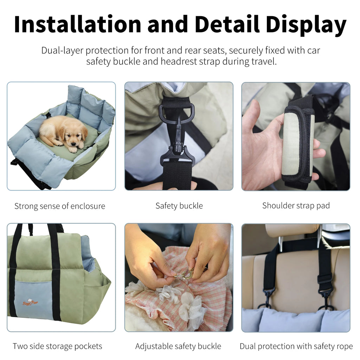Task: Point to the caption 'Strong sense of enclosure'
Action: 60,206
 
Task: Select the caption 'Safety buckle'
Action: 179,206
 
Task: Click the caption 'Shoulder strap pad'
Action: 296,206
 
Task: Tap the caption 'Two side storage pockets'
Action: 57,346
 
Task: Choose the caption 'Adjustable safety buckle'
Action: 178,346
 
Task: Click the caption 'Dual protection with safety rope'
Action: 296,346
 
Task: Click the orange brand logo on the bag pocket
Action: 30,302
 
